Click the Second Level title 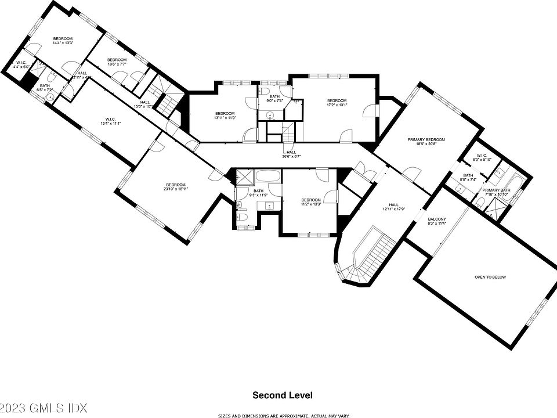point(283,395)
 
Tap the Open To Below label point(490,277)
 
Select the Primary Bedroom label point(426,140)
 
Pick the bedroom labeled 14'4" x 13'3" point(63,38)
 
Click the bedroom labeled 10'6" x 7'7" point(117,60)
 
